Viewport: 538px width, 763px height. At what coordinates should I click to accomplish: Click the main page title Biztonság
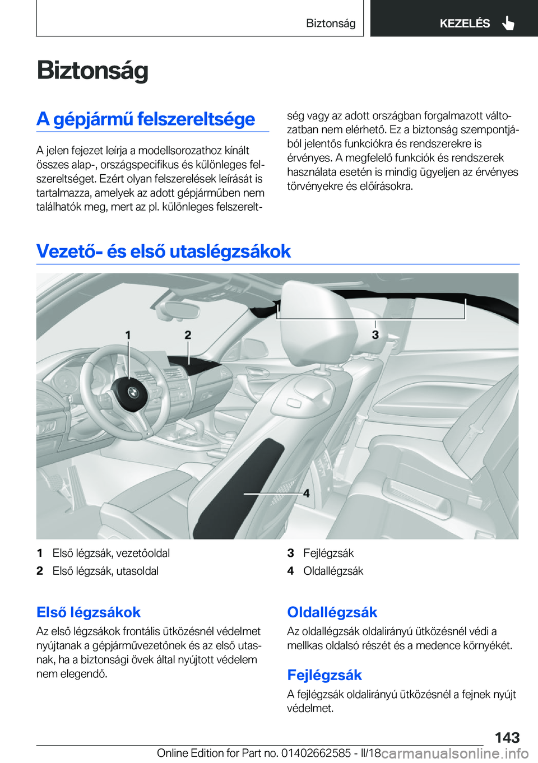click(x=92, y=71)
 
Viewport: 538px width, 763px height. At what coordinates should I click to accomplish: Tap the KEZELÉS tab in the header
click(x=464, y=24)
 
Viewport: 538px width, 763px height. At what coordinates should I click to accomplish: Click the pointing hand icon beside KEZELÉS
click(x=508, y=24)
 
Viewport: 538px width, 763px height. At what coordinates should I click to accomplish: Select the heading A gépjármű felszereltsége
click(x=146, y=119)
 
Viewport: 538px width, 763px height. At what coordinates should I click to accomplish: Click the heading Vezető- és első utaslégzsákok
click(x=163, y=251)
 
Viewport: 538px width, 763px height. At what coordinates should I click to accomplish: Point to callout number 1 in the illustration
click(x=128, y=335)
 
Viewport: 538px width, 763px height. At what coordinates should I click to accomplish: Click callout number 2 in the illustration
click(x=188, y=335)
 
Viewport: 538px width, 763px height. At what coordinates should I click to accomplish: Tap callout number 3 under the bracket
click(x=375, y=335)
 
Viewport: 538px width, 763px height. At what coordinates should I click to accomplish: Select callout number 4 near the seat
click(x=306, y=494)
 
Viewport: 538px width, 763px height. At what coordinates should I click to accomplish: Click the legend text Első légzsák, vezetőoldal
click(x=111, y=553)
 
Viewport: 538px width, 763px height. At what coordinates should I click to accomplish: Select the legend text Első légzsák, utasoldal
click(x=105, y=571)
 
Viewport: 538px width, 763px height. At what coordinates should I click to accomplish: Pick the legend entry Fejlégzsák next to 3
click(x=328, y=553)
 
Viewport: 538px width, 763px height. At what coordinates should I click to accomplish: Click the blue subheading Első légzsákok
click(x=89, y=612)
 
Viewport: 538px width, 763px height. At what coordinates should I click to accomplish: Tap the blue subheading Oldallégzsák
click(x=332, y=612)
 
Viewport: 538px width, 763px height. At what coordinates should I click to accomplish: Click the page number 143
click(x=507, y=737)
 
